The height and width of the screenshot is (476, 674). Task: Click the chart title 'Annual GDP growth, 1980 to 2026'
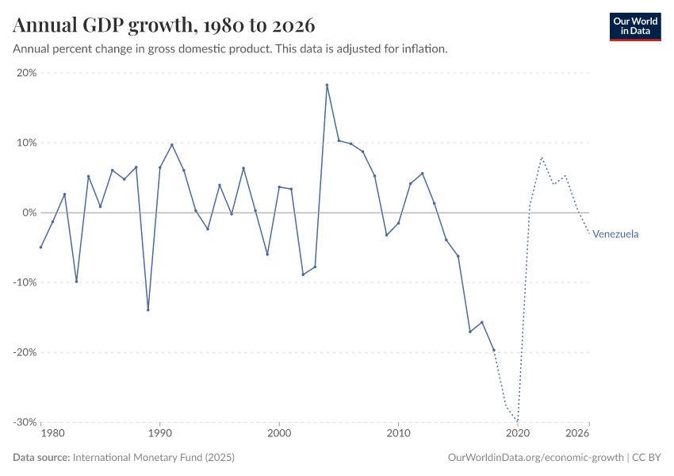coord(164,25)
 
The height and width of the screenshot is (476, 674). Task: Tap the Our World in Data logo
coord(635,26)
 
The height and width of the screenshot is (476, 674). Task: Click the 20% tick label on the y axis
coord(27,73)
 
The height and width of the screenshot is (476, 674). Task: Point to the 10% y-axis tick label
coord(27,143)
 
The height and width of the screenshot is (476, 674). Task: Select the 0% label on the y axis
coord(29,213)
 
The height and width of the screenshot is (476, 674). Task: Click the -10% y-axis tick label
coord(25,282)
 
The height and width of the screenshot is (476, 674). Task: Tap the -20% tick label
coord(25,352)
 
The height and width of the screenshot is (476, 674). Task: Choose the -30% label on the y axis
coord(25,422)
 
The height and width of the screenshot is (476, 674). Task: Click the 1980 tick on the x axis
coord(52,434)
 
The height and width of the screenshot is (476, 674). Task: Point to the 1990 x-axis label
coord(159,434)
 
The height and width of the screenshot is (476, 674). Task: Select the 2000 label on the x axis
coord(279,434)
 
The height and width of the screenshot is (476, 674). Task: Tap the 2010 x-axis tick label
coord(398,434)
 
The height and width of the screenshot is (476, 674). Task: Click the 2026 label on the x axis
coord(577,434)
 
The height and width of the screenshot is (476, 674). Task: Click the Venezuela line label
coord(615,234)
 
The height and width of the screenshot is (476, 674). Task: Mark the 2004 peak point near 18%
coord(327,85)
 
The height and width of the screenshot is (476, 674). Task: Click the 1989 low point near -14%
coord(148,309)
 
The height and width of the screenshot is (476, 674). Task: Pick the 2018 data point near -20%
coord(493,350)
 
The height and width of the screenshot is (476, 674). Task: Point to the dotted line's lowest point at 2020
coord(517,420)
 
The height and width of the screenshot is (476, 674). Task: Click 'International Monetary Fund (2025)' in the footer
coord(153,458)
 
